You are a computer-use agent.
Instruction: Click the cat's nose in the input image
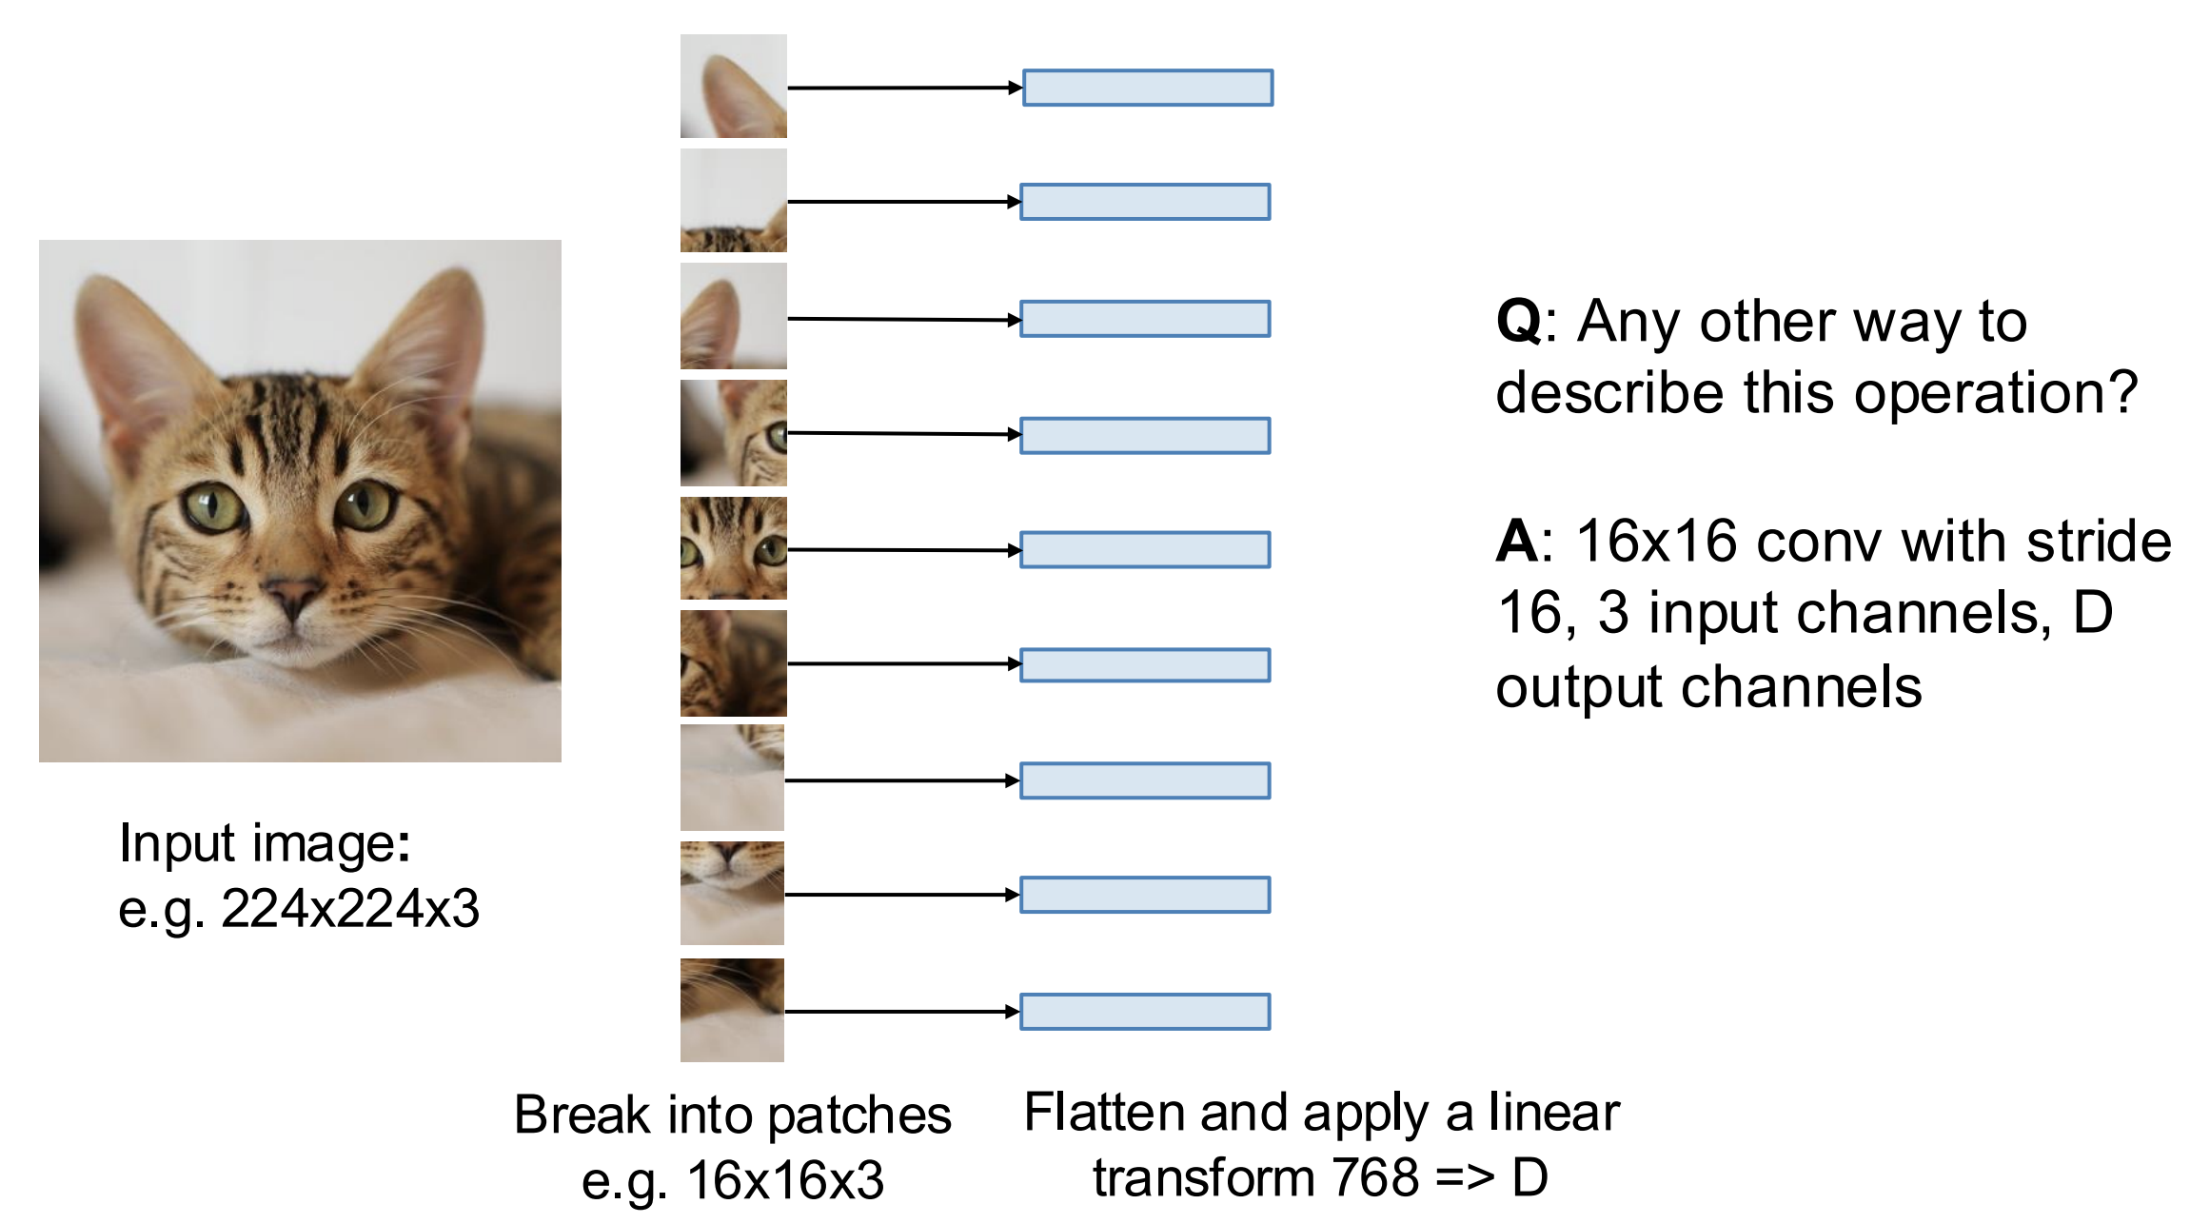point(291,594)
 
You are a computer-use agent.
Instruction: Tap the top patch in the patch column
point(734,87)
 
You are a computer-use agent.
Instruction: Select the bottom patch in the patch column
point(732,1010)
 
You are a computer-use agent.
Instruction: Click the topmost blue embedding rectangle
point(1148,88)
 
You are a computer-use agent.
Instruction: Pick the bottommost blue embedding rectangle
point(1145,1012)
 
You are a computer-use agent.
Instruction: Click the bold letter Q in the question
point(1519,323)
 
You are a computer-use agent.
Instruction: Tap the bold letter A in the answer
point(1517,541)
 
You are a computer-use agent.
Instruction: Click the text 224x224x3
point(350,908)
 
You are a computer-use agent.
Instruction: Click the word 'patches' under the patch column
point(859,1116)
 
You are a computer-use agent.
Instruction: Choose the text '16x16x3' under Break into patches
point(785,1180)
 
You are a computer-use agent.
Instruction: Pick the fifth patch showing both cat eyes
point(734,547)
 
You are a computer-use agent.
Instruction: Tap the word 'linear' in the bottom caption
point(1554,1112)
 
